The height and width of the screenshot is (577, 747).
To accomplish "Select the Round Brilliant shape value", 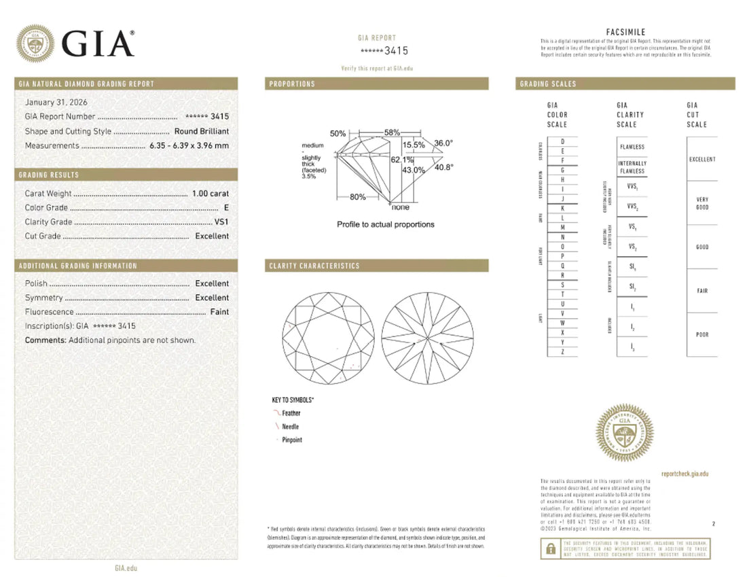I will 202,131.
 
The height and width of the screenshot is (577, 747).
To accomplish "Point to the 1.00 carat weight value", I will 211,194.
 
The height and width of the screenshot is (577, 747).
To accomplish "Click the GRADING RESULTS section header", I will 49,175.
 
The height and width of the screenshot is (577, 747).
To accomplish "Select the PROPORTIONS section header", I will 292,84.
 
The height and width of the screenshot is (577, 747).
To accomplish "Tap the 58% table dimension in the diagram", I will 391,132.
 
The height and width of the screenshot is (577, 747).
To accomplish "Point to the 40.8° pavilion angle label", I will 443,167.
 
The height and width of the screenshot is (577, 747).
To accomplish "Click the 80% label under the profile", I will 358,197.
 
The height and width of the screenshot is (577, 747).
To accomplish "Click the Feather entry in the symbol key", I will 291,413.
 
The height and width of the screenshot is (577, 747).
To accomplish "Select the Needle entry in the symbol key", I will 290,427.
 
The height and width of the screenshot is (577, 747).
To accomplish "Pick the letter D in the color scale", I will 562,141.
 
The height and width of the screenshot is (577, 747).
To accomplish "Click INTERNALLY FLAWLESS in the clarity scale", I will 632,167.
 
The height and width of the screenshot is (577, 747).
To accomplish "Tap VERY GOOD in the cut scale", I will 702,203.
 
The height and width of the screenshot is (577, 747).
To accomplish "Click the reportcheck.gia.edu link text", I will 684,474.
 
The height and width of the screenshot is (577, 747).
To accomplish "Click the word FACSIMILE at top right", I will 625,32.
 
